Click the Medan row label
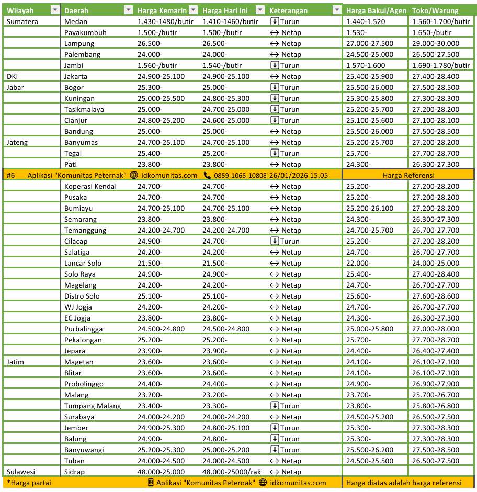click(x=76, y=21)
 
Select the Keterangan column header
click(x=288, y=10)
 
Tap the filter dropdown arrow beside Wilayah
click(x=55, y=10)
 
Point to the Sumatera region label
click(x=21, y=21)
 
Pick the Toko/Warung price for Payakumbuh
click(x=432, y=32)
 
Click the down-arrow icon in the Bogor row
click(x=275, y=87)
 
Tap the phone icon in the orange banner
click(x=208, y=175)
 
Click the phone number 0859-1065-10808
click(x=241, y=175)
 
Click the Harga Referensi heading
click(x=408, y=175)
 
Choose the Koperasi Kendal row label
click(x=90, y=186)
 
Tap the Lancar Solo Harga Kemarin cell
click(x=150, y=263)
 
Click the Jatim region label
click(x=15, y=362)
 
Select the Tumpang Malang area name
click(x=93, y=406)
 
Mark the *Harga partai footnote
click(x=29, y=483)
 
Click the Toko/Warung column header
click(x=435, y=10)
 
